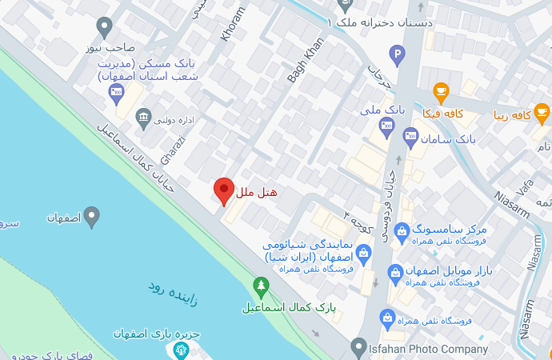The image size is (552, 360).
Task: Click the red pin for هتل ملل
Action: click(x=224, y=190)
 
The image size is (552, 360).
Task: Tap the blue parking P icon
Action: click(x=396, y=55)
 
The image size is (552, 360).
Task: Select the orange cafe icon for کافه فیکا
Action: click(x=440, y=90)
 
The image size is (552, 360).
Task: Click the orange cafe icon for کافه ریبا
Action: click(x=542, y=111)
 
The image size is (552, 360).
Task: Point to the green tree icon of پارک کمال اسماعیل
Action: click(x=260, y=286)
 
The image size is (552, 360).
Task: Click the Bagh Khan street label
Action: click(x=304, y=61)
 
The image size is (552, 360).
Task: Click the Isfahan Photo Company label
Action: click(x=429, y=349)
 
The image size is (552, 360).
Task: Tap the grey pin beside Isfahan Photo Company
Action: click(x=358, y=346)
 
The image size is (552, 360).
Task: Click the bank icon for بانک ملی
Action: click(x=387, y=125)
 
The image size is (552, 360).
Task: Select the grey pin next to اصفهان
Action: click(x=92, y=214)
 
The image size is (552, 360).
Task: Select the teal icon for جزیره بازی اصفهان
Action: click(x=182, y=350)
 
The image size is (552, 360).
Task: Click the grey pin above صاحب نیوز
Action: click(x=103, y=27)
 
